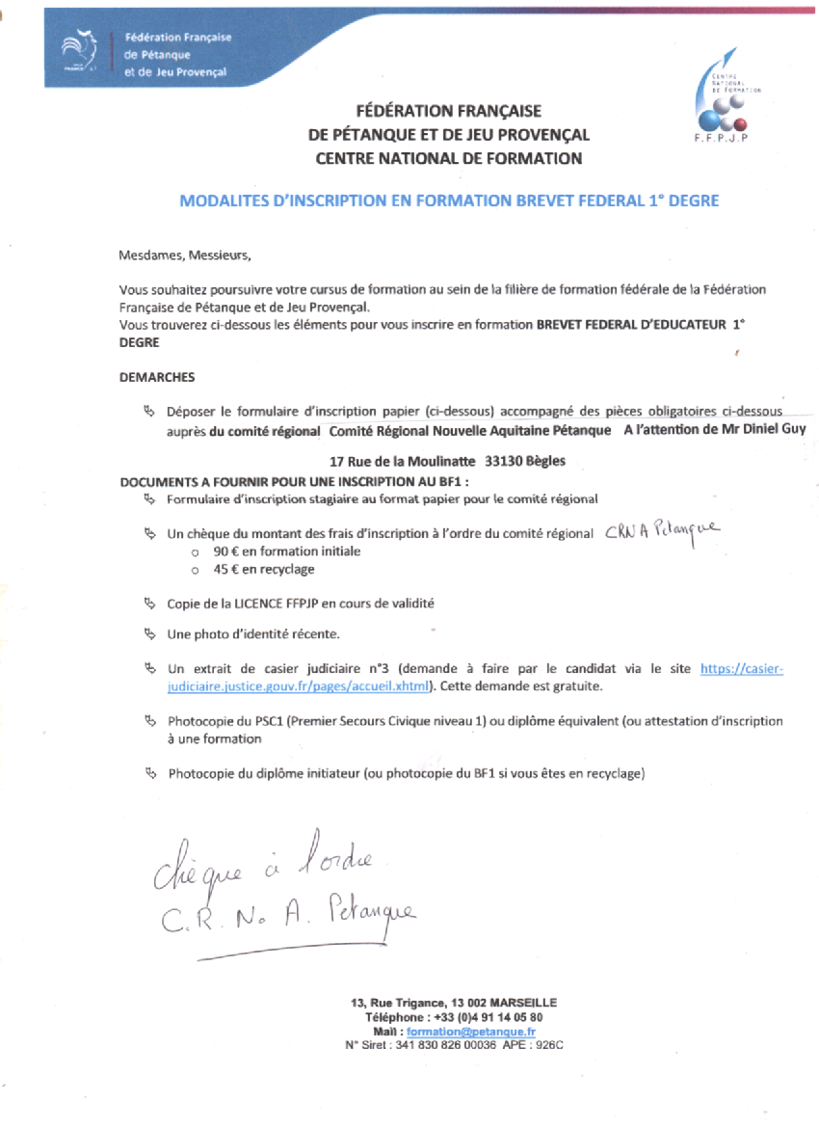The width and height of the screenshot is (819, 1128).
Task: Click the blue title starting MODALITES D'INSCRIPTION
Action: click(x=449, y=201)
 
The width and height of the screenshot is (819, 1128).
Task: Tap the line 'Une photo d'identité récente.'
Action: click(x=253, y=633)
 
